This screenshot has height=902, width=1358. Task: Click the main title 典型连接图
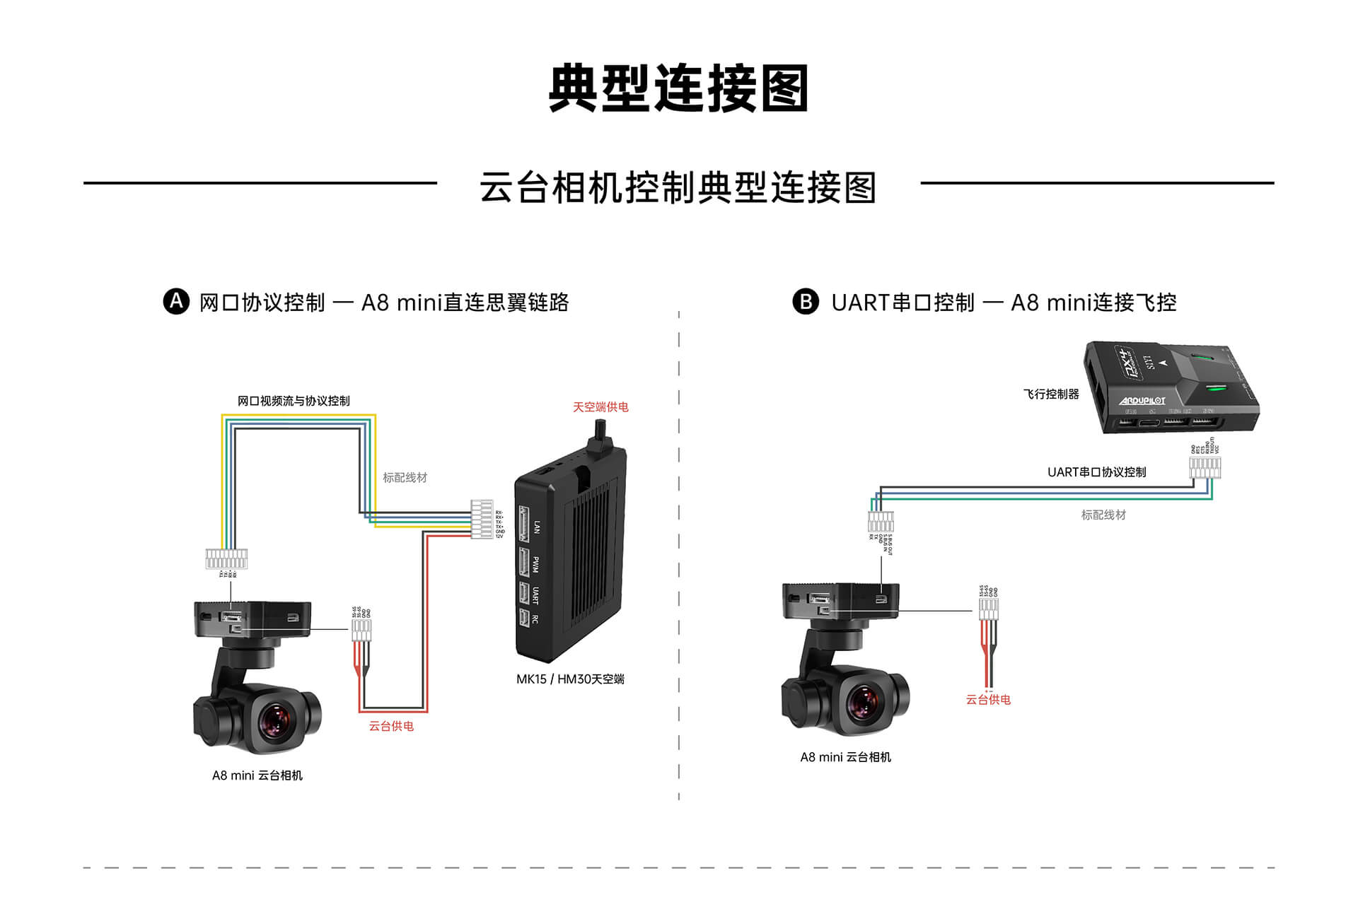click(678, 88)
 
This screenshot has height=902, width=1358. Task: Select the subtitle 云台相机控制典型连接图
click(678, 187)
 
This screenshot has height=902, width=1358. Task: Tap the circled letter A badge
click(176, 301)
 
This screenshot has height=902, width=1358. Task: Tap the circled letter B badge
click(806, 301)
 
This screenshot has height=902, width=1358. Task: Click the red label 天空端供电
click(600, 407)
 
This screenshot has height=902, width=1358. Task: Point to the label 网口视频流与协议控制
click(294, 401)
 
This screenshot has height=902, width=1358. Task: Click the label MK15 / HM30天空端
click(570, 679)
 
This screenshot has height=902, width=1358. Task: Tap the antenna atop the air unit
click(600, 435)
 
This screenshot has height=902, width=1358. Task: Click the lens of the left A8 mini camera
click(274, 720)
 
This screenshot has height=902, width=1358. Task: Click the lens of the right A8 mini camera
click(864, 701)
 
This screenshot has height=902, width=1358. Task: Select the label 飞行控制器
click(1051, 394)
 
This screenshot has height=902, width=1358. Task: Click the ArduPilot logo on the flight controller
click(1142, 401)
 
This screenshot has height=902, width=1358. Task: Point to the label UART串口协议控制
click(1096, 472)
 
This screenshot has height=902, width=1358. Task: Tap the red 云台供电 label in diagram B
click(988, 700)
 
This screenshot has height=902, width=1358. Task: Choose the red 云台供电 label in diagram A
click(391, 726)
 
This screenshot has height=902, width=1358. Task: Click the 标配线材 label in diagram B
click(1103, 515)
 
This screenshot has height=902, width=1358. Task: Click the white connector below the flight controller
click(1205, 468)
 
